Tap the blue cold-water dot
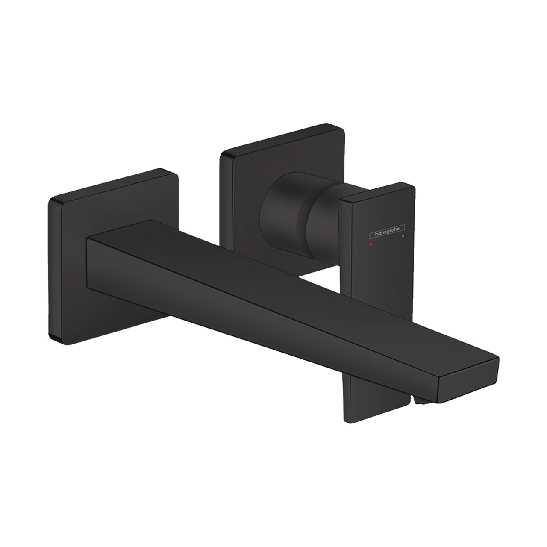pyautogui.click(x=402, y=235)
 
